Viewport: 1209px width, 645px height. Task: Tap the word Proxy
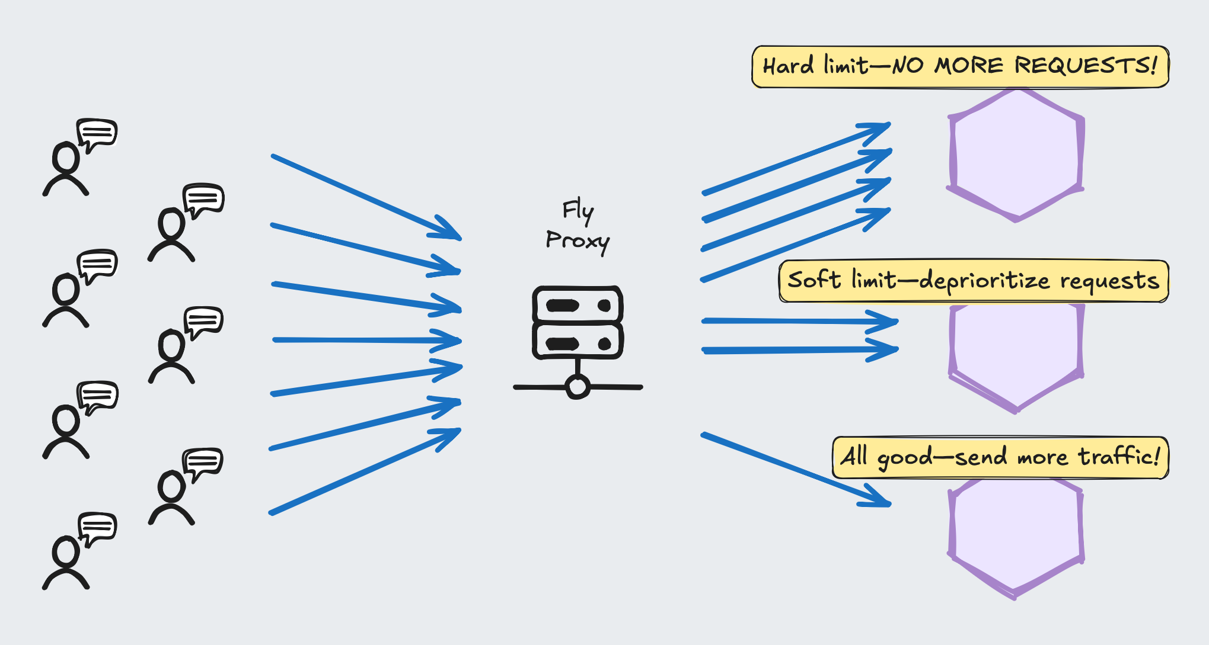pos(578,241)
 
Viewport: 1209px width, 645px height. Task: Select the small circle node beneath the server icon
pos(578,387)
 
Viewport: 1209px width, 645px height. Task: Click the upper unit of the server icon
pos(578,305)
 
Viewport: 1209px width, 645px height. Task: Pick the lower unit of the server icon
pos(578,342)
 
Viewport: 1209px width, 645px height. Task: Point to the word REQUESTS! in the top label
pos(1086,65)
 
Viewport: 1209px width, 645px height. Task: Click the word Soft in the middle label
pos(814,279)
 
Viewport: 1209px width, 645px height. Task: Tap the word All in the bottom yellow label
pos(854,456)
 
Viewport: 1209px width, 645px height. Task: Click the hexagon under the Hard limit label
pos(1016,155)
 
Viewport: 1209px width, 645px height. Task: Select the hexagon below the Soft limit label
pos(1016,358)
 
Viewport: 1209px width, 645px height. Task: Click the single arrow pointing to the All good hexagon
pos(796,470)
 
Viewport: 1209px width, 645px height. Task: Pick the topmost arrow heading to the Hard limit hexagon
pos(796,158)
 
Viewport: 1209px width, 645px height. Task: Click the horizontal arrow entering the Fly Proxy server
pos(367,341)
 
